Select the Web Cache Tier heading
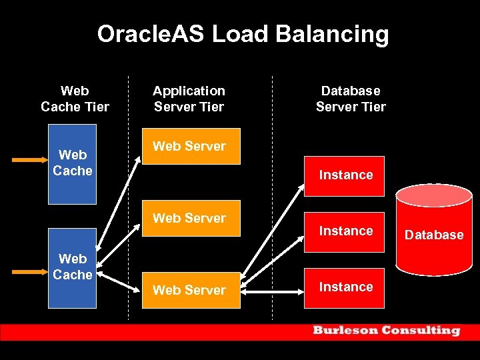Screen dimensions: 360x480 [x=75, y=99]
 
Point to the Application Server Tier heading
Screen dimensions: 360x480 [x=189, y=99]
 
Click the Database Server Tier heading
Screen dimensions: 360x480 [x=351, y=99]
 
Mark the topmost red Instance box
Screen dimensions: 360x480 [x=345, y=175]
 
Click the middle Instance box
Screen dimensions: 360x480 [x=345, y=231]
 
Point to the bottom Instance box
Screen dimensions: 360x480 [x=345, y=287]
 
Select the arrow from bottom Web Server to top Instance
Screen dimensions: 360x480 [x=273, y=233]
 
